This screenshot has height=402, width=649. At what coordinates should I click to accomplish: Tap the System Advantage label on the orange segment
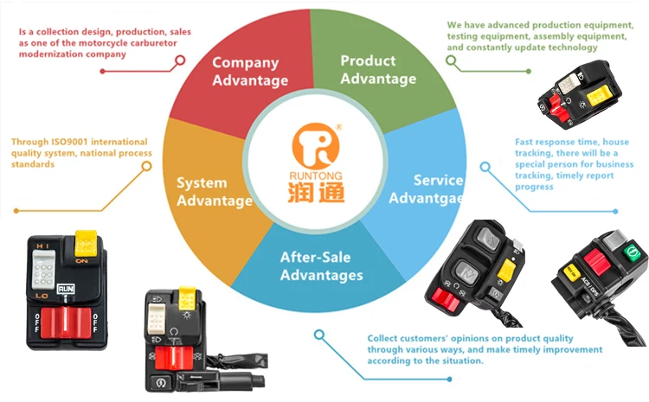pyautogui.click(x=214, y=192)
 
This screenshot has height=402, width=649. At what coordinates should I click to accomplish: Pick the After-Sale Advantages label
pyautogui.click(x=321, y=266)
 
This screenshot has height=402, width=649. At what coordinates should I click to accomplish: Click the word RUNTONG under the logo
pyautogui.click(x=317, y=172)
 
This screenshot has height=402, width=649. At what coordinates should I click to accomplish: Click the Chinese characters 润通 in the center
pyautogui.click(x=317, y=190)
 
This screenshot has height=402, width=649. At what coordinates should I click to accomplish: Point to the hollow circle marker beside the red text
pyautogui.click(x=180, y=61)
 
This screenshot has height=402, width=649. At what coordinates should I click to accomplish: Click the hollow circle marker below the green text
pyautogui.click(x=450, y=60)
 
